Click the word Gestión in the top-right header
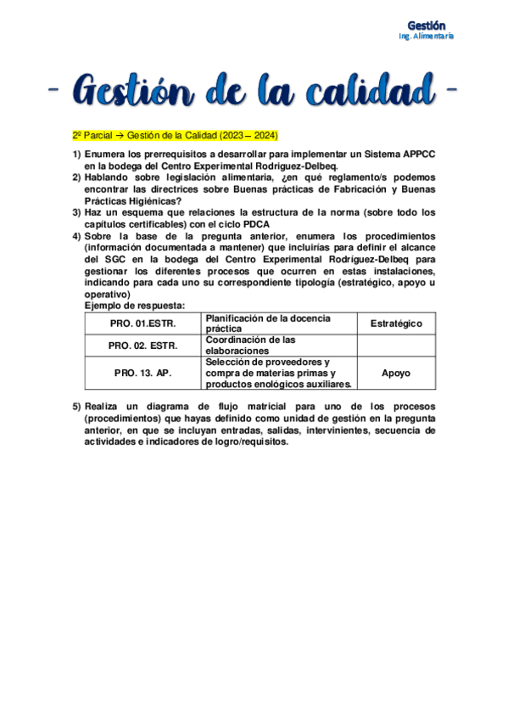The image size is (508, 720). [426, 25]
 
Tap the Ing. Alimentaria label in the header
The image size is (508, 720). [426, 37]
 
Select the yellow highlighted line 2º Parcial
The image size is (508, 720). [174, 136]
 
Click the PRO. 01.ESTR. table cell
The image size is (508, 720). [143, 323]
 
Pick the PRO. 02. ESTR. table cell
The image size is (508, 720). [143, 345]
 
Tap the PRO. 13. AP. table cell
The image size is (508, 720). [143, 373]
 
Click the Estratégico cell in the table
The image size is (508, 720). [396, 323]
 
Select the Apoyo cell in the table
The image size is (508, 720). [396, 373]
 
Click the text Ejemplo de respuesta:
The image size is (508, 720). [134, 305]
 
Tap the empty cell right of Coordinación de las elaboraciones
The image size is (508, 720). [396, 345]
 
